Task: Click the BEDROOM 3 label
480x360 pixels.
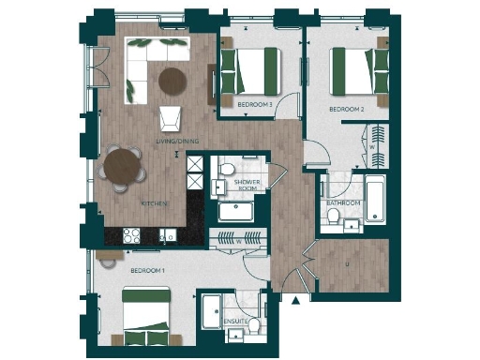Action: pyautogui.click(x=254, y=104)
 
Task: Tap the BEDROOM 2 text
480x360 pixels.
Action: pyautogui.click(x=345, y=109)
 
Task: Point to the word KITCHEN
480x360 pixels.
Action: pyautogui.click(x=153, y=202)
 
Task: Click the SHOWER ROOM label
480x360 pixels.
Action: pyautogui.click(x=247, y=185)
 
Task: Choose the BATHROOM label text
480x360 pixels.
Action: pyautogui.click(x=343, y=202)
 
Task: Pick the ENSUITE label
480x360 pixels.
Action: pyautogui.click(x=235, y=322)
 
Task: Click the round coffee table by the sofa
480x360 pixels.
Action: pyautogui.click(x=172, y=82)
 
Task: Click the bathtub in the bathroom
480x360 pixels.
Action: pyautogui.click(x=375, y=198)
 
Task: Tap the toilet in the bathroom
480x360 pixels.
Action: pyautogui.click(x=336, y=218)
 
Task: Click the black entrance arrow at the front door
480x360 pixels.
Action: pyautogui.click(x=295, y=301)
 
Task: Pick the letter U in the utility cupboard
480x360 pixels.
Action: pyautogui.click(x=348, y=263)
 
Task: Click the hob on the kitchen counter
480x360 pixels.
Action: pyautogui.click(x=126, y=234)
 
